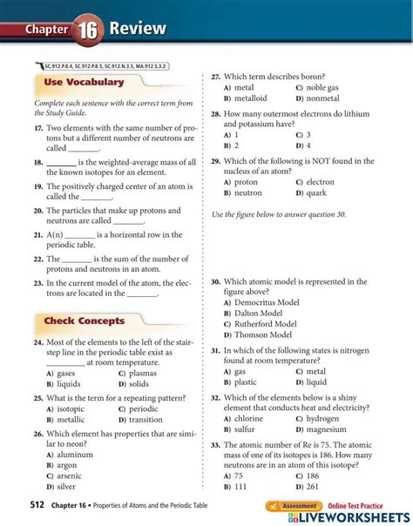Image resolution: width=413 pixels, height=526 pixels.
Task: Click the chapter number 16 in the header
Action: click(89, 29)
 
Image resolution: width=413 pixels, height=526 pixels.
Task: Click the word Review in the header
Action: click(138, 29)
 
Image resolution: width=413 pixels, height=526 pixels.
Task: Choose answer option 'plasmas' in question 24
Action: click(144, 373)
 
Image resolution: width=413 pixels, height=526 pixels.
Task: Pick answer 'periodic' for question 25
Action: click(144, 408)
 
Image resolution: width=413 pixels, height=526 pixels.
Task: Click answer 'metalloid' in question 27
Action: click(251, 98)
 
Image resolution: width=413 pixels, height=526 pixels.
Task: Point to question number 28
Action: click(216, 114)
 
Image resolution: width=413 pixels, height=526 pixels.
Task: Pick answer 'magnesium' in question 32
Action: click(327, 429)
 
